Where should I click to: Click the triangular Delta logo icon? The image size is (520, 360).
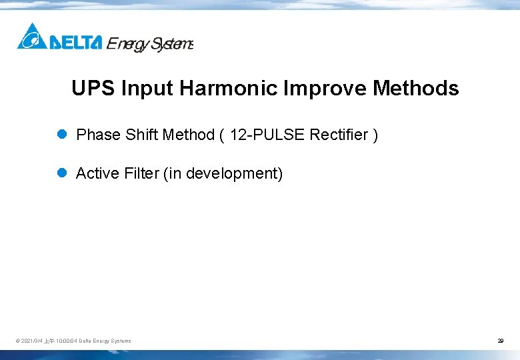point(31,37)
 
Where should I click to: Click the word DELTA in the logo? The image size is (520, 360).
point(75,43)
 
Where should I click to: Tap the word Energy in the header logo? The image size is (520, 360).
point(128,44)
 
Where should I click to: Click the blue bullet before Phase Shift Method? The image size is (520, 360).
point(62,135)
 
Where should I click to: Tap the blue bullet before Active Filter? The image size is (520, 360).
point(62,173)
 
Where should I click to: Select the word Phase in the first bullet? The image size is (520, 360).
point(98,135)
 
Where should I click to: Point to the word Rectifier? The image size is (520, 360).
point(339,135)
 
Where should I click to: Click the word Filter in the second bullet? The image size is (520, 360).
point(141,174)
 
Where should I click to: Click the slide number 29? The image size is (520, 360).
point(500,341)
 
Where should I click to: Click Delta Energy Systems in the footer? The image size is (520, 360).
point(105,341)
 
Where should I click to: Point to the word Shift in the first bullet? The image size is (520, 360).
point(141,135)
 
